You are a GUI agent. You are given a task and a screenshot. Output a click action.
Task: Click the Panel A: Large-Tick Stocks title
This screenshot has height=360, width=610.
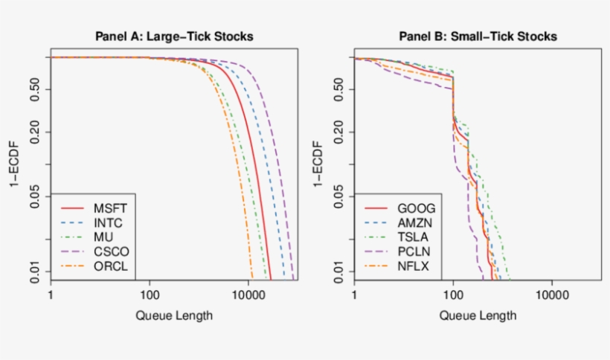click(173, 36)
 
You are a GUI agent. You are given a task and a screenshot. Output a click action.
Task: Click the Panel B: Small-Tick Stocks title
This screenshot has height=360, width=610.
click(478, 36)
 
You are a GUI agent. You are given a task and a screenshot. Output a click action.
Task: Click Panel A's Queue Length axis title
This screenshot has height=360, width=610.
click(174, 315)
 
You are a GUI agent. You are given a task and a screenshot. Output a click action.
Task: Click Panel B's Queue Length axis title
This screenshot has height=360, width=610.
click(478, 315)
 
